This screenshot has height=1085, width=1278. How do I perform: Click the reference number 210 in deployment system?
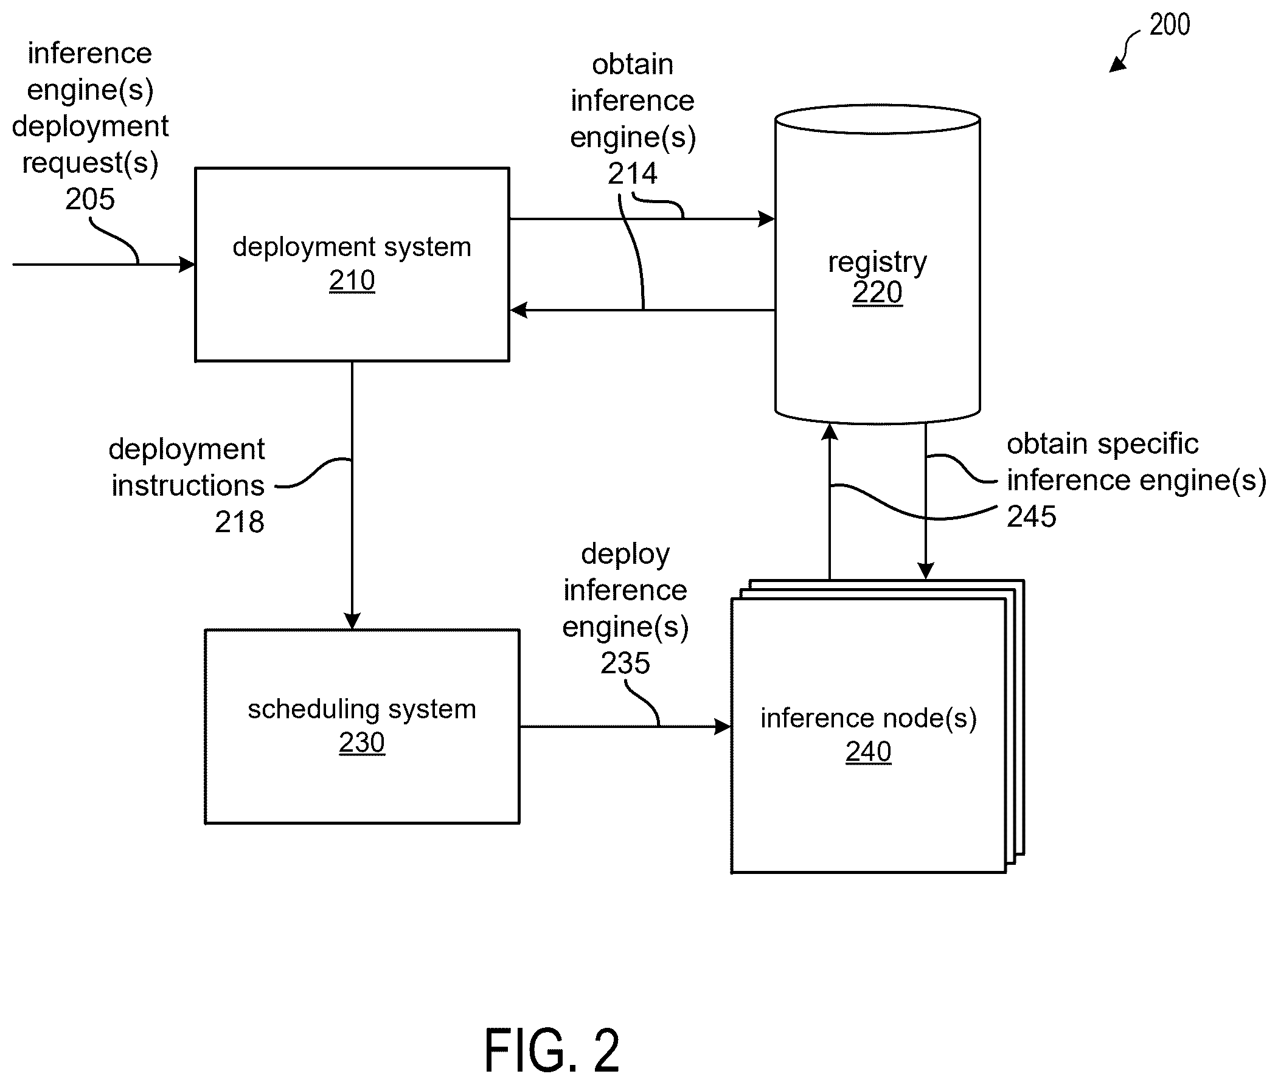coord(352,280)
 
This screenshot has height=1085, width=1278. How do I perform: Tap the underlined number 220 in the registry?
coord(877,292)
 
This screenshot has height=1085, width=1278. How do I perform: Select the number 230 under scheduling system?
coord(362,743)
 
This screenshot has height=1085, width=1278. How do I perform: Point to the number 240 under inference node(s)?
coord(868,752)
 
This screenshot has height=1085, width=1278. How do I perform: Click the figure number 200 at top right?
coord(1170,25)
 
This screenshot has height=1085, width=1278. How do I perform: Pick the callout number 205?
coord(90,199)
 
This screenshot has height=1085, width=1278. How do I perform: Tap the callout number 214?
coord(632,173)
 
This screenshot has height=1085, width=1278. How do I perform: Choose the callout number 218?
coord(239,522)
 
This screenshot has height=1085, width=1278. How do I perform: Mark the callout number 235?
coord(625,663)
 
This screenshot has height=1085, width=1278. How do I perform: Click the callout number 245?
coord(1032,516)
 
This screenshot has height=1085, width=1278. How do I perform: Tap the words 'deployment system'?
coord(352,248)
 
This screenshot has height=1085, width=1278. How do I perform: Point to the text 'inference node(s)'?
coord(869,718)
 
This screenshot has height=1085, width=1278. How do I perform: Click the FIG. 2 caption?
coord(552,1050)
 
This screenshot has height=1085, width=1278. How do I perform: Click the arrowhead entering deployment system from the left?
coord(187,265)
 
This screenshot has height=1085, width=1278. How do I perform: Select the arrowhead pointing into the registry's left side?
coord(766,219)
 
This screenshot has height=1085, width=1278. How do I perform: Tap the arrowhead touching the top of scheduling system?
coord(352,621)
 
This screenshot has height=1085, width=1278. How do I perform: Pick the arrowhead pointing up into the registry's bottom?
coord(830,432)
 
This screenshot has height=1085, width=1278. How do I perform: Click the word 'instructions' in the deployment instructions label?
coord(187,485)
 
